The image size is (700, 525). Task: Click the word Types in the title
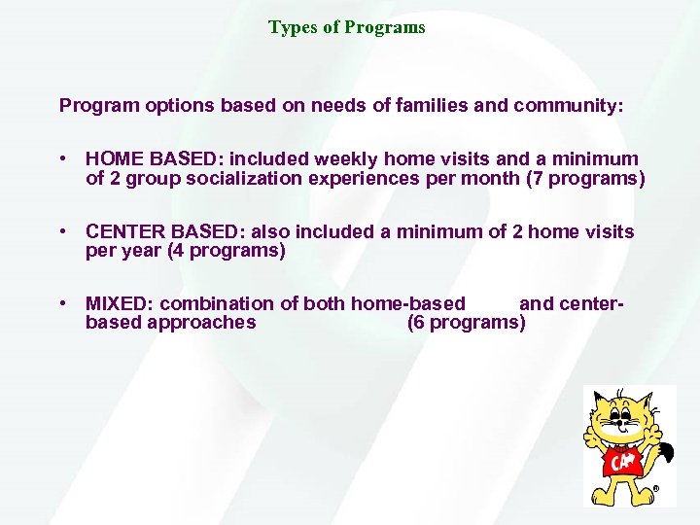click(289, 27)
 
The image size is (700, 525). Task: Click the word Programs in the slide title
click(388, 27)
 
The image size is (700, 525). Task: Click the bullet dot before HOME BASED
click(62, 158)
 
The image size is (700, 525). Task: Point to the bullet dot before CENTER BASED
click(62, 231)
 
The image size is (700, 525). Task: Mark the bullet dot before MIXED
click(62, 304)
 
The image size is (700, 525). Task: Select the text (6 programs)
click(467, 323)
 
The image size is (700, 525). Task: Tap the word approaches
click(201, 323)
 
